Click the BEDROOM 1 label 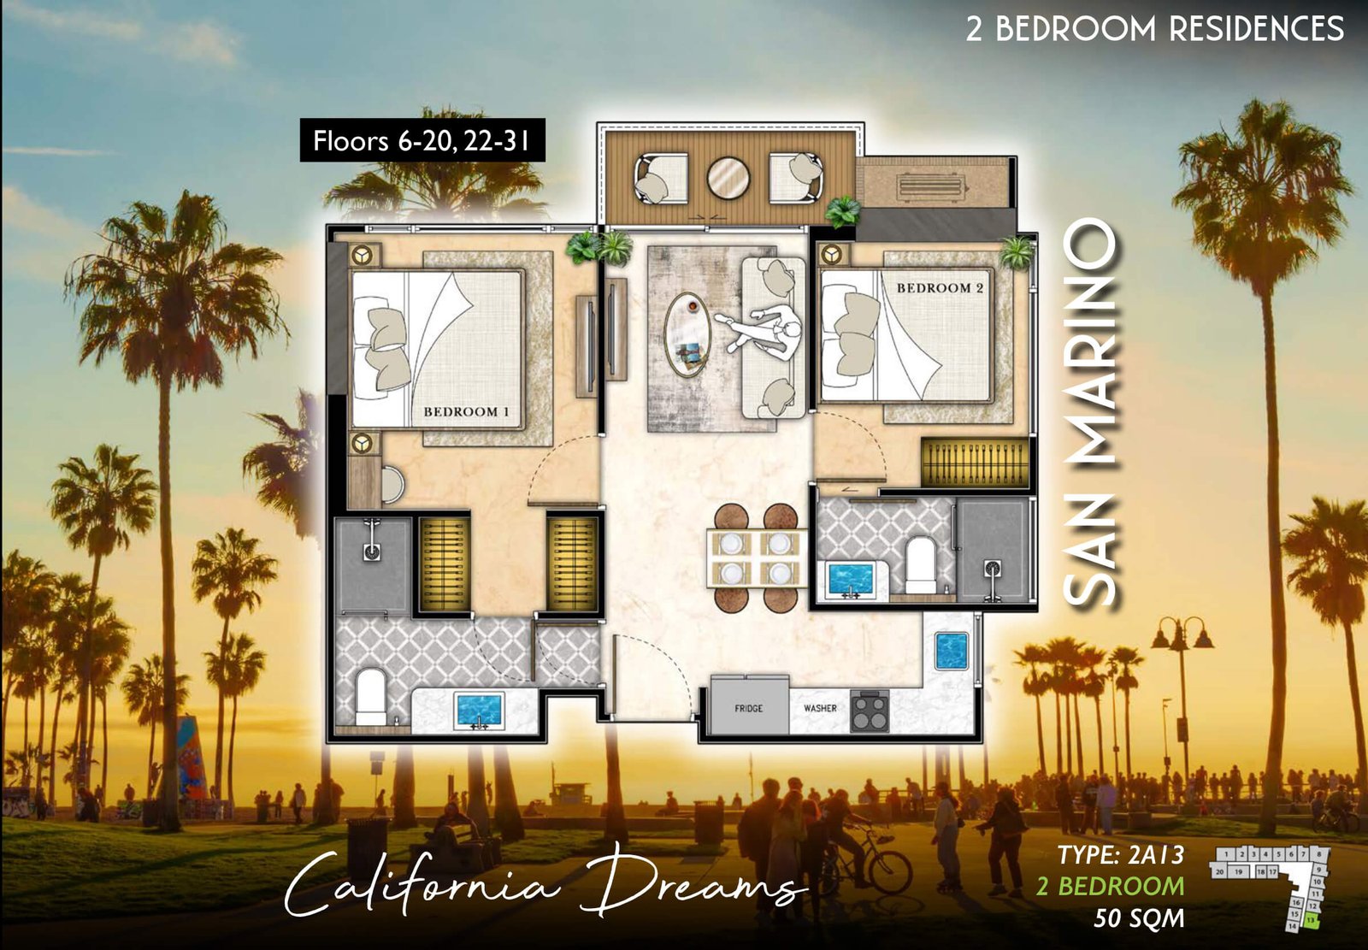click(x=466, y=412)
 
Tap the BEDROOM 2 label click(x=940, y=288)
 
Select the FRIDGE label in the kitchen click(x=748, y=708)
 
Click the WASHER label click(x=820, y=708)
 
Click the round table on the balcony click(x=728, y=178)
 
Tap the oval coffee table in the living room click(x=688, y=334)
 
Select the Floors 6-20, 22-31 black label click(x=422, y=140)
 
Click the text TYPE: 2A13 click(x=1120, y=854)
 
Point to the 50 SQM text click(x=1139, y=918)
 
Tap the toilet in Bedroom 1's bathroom click(x=370, y=696)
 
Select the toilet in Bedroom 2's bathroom click(x=921, y=564)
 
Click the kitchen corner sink click(x=951, y=651)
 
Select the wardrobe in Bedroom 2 click(x=974, y=463)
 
